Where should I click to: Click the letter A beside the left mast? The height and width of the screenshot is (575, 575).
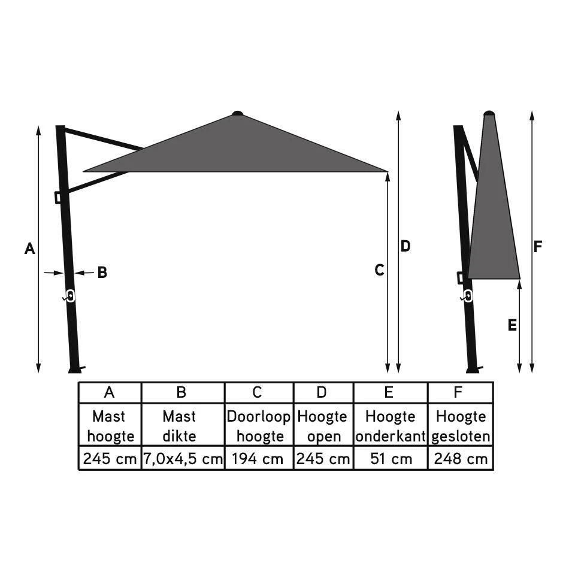(29, 249)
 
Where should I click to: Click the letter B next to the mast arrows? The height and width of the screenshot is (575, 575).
(102, 273)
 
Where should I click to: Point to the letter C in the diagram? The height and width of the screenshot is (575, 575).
(379, 271)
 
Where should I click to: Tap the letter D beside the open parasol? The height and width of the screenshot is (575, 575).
(405, 246)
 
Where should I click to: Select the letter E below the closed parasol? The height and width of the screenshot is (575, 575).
(512, 325)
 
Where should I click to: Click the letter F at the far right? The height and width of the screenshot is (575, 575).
(538, 247)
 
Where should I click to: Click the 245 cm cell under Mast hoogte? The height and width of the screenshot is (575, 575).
(110, 459)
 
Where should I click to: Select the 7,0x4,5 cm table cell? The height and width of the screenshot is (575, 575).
(183, 459)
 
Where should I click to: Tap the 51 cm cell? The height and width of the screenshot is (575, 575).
(391, 459)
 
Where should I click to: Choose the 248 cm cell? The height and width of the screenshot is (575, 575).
(461, 459)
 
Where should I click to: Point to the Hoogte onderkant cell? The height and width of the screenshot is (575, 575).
(391, 426)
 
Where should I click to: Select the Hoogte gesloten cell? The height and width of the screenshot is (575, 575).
(461, 426)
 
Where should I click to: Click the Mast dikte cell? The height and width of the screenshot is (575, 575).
(183, 426)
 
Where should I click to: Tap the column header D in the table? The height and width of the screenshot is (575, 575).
(323, 392)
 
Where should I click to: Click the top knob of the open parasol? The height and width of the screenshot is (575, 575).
(238, 113)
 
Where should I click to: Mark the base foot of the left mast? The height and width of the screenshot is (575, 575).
(75, 370)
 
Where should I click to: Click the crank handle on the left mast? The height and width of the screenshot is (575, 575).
(69, 296)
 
